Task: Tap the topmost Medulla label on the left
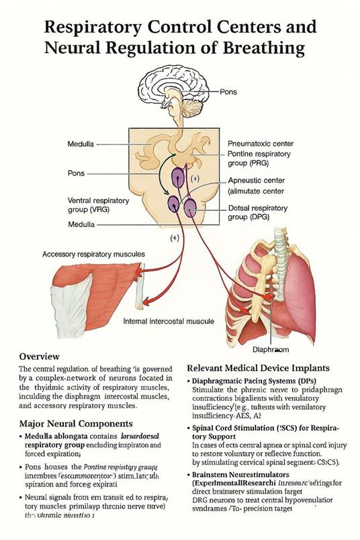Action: tap(81, 144)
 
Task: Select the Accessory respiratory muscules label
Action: tap(93, 255)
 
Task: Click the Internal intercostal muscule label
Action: tap(169, 322)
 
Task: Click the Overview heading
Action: tap(40, 355)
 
